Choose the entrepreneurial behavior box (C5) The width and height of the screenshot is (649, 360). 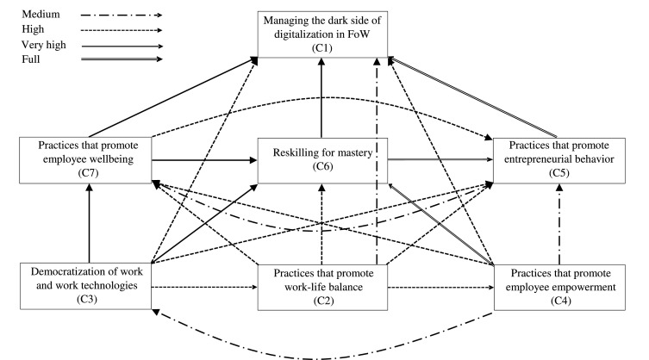coord(560,160)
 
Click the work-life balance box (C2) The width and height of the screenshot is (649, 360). coord(321,286)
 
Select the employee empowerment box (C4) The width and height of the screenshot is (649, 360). coord(560,286)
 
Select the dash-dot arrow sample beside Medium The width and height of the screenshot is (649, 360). coord(111,15)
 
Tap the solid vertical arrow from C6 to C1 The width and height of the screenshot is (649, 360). coord(321,95)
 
